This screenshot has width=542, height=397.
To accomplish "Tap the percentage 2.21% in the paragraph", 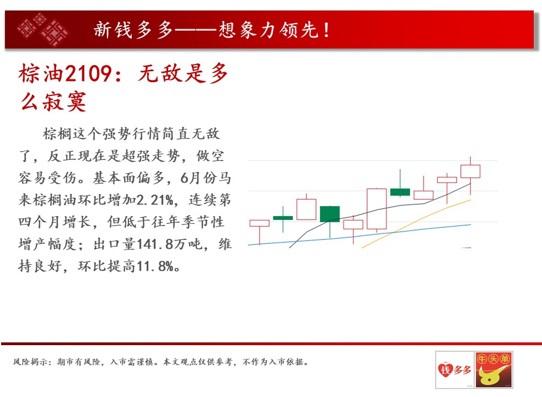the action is point(155,200).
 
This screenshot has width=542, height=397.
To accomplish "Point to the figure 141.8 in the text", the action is point(155,244).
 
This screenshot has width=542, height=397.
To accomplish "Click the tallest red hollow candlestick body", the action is point(377,209).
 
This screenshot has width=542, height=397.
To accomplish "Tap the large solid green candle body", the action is point(330,214).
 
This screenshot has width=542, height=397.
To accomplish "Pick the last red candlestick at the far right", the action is point(470,171).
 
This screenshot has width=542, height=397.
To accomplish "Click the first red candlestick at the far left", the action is point(260,223).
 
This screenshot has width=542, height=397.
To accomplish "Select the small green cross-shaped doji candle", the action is point(283,218).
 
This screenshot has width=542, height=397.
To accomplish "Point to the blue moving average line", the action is point(359,235).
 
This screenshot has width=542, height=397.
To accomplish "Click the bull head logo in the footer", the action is point(493,369).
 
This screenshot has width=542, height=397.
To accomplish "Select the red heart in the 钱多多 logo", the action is point(446,369).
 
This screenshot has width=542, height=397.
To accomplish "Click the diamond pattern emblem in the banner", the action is point(43,29).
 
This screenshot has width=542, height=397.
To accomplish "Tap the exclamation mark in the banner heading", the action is point(326,30).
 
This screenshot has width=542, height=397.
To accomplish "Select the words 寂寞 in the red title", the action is point(65,101).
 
